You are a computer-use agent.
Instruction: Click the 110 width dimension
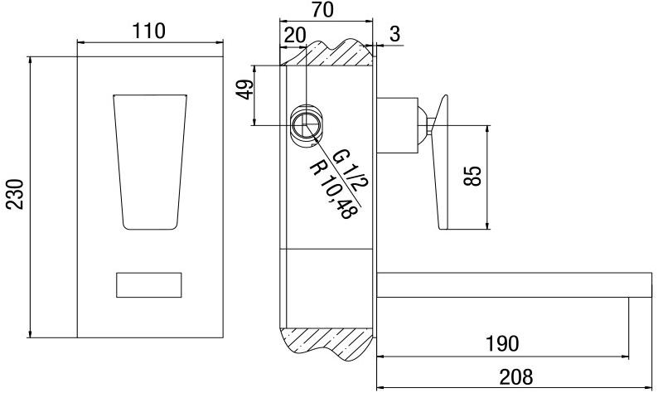coord(149,31)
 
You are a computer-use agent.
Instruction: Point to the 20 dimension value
coord(293,36)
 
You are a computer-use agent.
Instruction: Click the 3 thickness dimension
coord(395,34)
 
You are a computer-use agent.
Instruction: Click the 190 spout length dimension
coord(502,343)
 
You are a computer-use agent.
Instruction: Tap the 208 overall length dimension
coord(515,377)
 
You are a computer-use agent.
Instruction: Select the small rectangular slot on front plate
coord(149,284)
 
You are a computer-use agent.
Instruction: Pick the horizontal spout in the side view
coord(514,284)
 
